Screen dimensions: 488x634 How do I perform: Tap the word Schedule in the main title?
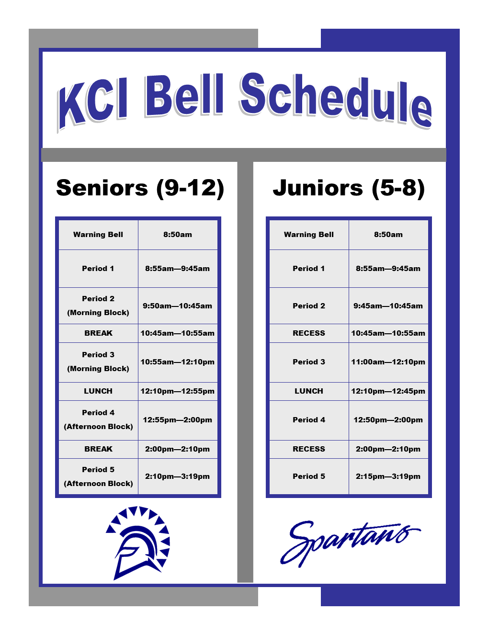[335, 100]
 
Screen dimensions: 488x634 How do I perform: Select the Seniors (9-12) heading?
[140, 189]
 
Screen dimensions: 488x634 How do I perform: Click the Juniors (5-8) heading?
[349, 189]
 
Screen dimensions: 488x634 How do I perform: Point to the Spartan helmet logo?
[138, 543]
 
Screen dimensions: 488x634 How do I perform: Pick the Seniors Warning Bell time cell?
[178, 235]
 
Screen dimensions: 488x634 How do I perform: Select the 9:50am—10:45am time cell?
[177, 306]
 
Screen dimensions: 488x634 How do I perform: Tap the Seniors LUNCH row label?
[98, 391]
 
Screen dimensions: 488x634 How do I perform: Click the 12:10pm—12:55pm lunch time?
[177, 391]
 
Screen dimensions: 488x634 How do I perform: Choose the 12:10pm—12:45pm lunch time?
[388, 391]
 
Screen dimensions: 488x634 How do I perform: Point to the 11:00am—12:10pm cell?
[388, 362]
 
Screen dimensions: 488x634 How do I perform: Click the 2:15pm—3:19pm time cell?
[388, 476]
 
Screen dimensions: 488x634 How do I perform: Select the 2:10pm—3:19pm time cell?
[177, 476]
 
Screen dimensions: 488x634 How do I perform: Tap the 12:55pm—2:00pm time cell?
[177, 419]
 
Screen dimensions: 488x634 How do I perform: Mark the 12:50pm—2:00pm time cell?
[388, 419]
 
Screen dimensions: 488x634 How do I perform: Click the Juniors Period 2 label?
[309, 306]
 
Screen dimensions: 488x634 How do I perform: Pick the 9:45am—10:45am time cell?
[388, 306]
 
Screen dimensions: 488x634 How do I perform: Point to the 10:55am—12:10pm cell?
[177, 362]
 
